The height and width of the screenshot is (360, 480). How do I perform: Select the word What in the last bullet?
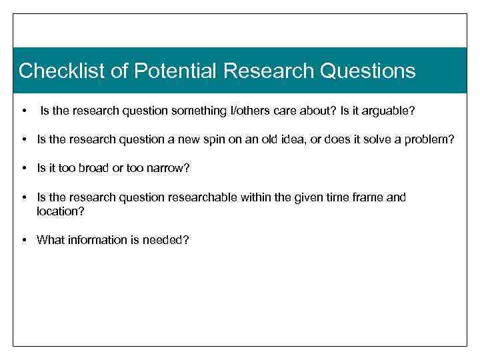(x=49, y=239)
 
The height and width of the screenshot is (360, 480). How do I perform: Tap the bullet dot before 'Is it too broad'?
(x=23, y=169)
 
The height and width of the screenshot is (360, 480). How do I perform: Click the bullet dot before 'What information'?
(x=23, y=240)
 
